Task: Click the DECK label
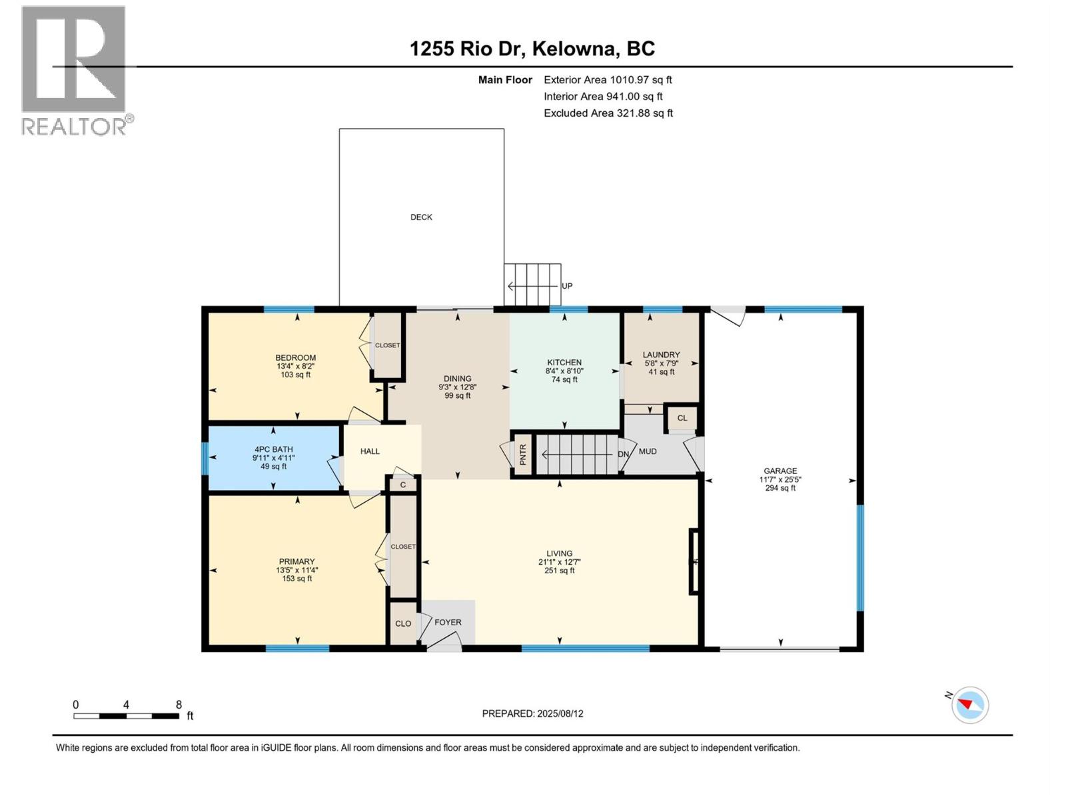421,217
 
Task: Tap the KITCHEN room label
564,363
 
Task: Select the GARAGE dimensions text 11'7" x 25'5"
780,479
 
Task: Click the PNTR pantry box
523,455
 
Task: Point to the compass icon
970,705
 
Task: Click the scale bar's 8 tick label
179,705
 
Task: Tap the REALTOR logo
74,70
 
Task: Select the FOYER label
448,623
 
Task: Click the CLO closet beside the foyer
403,624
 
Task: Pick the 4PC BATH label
273,449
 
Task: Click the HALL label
370,451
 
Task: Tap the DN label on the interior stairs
623,455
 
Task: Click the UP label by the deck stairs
567,286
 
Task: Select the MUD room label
648,451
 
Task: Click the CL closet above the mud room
682,419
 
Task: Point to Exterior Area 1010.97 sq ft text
608,80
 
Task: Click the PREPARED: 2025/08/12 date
532,713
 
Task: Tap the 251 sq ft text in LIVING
560,571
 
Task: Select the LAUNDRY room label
661,355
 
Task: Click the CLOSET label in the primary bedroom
403,547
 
